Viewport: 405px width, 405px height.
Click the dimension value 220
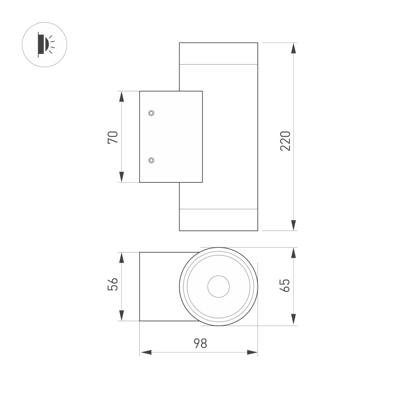[x=286, y=140]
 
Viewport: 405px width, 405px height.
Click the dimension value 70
[x=113, y=137]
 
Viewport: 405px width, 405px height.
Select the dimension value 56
[x=113, y=284]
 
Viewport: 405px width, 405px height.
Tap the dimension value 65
[x=286, y=286]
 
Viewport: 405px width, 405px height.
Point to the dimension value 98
[x=200, y=344]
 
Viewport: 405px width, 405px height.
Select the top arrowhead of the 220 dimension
[x=294, y=48]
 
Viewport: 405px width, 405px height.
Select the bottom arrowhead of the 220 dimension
[x=294, y=225]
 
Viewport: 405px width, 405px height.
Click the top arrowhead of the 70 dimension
[x=122, y=97]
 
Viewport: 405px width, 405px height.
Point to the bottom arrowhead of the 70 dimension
[x=122, y=177]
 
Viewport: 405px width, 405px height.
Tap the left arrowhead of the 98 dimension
[x=145, y=352]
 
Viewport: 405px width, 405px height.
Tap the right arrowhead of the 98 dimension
[x=252, y=352]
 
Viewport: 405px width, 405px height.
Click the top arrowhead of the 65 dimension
[x=294, y=253]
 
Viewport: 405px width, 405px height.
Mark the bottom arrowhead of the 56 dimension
[x=122, y=315]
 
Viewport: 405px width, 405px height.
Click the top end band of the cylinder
[x=218, y=53]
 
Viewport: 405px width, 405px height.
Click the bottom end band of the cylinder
[x=218, y=220]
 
